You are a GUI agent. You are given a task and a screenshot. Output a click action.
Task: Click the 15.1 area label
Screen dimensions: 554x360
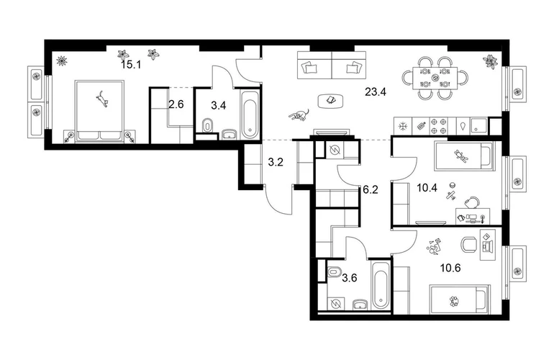click(x=131, y=65)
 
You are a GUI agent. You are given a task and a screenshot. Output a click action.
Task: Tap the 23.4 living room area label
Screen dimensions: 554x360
click(x=376, y=92)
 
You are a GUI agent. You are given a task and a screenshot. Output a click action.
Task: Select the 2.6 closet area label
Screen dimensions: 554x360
click(x=176, y=105)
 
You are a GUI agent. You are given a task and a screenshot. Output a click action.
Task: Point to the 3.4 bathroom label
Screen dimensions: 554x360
click(x=218, y=105)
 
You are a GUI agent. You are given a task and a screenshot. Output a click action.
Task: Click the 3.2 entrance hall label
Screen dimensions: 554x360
click(x=276, y=162)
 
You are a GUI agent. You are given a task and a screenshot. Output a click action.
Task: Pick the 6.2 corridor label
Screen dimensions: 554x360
click(x=371, y=189)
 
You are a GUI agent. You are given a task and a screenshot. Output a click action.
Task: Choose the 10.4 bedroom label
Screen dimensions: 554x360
click(x=427, y=188)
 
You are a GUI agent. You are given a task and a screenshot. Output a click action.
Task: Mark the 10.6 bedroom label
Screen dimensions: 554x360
click(x=450, y=268)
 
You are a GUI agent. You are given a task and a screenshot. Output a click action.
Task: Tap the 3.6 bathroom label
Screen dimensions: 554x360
click(x=350, y=278)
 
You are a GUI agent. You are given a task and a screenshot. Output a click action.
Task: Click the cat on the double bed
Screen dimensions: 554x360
click(x=102, y=99)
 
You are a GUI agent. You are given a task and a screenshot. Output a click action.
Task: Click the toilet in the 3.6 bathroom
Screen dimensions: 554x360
click(x=334, y=272)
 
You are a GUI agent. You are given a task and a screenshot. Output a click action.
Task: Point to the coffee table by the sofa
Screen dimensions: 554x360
click(x=332, y=101)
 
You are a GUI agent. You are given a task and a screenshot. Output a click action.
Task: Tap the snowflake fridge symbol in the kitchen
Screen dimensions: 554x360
click(x=403, y=126)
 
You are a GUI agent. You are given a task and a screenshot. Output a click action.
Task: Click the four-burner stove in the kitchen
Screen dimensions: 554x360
click(x=438, y=126)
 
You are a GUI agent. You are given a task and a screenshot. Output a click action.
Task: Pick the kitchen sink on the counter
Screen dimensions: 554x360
click(x=479, y=126)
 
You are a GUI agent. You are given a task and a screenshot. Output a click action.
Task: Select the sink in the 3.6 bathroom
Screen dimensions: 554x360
click(x=360, y=305)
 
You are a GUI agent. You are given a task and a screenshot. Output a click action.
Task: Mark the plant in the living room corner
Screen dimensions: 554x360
click(x=491, y=60)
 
